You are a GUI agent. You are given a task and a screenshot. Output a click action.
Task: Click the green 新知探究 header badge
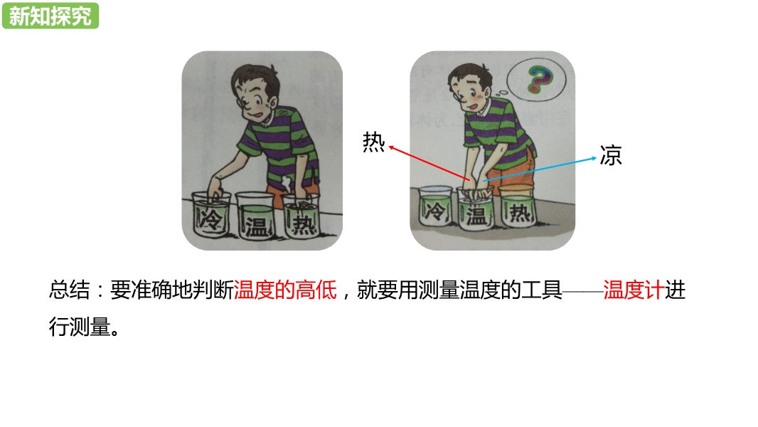(50, 16)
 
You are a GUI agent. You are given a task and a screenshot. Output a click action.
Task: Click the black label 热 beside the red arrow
(374, 142)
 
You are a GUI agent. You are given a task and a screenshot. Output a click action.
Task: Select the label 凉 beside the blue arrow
(611, 156)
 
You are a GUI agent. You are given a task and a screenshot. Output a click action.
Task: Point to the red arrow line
(429, 164)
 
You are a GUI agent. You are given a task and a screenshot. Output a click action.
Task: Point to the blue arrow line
(540, 169)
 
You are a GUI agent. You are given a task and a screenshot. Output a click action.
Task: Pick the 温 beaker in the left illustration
(255, 216)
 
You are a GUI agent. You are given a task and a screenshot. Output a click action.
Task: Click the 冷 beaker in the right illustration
(435, 206)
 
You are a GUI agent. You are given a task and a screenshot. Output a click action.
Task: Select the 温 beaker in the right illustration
(476, 209)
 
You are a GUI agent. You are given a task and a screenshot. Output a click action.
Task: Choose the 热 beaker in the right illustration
(518, 206)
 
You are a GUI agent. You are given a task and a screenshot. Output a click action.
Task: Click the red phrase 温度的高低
(285, 290)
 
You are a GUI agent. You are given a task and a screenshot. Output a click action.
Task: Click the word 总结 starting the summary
(69, 290)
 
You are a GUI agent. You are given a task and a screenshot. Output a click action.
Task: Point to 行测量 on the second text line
(80, 327)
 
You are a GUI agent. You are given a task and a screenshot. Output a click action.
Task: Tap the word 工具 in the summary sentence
(541, 290)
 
